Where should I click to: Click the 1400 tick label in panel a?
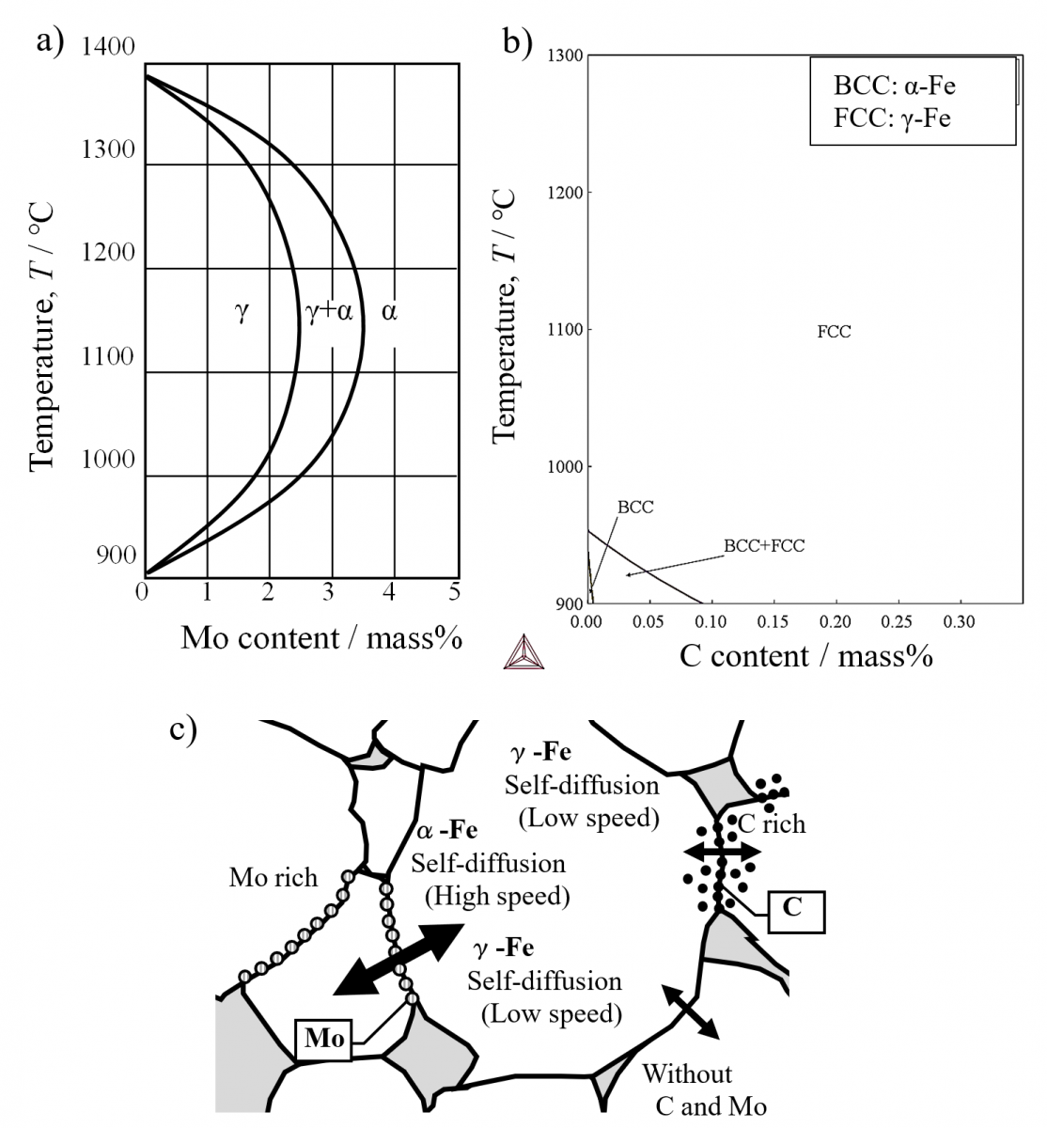tap(108, 46)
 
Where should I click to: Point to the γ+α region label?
tap(329, 311)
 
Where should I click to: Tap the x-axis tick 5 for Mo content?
tap(454, 592)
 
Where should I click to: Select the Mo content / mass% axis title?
tap(321, 638)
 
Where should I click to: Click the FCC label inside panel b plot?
tap(834, 332)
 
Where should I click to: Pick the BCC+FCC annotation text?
tap(764, 546)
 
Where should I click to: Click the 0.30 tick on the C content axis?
tap(959, 622)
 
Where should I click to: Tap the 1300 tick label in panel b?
tap(565, 55)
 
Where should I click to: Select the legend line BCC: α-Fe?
tap(894, 86)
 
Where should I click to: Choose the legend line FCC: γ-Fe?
tap(892, 118)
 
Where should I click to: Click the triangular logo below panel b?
tap(523, 652)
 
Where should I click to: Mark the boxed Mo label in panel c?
tap(324, 1040)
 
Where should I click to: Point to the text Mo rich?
tap(273, 878)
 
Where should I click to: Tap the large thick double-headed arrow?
tap(398, 960)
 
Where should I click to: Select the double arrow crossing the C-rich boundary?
tap(722, 851)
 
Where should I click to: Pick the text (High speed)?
tap(497, 896)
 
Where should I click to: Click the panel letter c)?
tap(183, 729)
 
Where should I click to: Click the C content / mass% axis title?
tap(806, 656)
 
